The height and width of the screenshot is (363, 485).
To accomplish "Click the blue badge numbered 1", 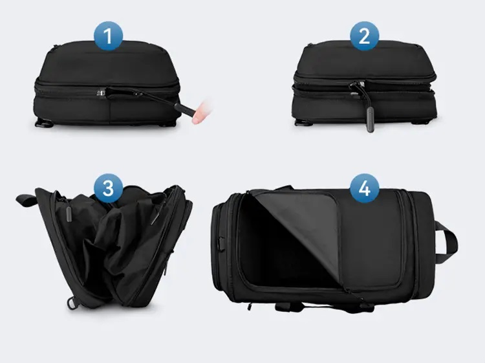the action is [108, 36].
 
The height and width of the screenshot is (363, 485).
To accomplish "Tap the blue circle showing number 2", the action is [364, 36].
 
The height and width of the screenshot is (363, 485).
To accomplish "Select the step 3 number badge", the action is [108, 188].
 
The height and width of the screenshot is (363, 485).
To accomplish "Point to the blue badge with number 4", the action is [365, 188].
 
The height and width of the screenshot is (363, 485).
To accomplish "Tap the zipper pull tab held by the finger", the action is [185, 109].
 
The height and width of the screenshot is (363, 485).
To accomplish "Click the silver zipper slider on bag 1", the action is [101, 93].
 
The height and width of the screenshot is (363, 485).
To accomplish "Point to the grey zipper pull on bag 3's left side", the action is [69, 214].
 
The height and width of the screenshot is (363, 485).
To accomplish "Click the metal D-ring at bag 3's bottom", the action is [72, 303].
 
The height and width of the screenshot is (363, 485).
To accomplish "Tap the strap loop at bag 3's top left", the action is [27, 200].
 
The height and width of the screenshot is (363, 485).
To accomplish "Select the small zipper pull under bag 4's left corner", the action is [249, 306].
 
